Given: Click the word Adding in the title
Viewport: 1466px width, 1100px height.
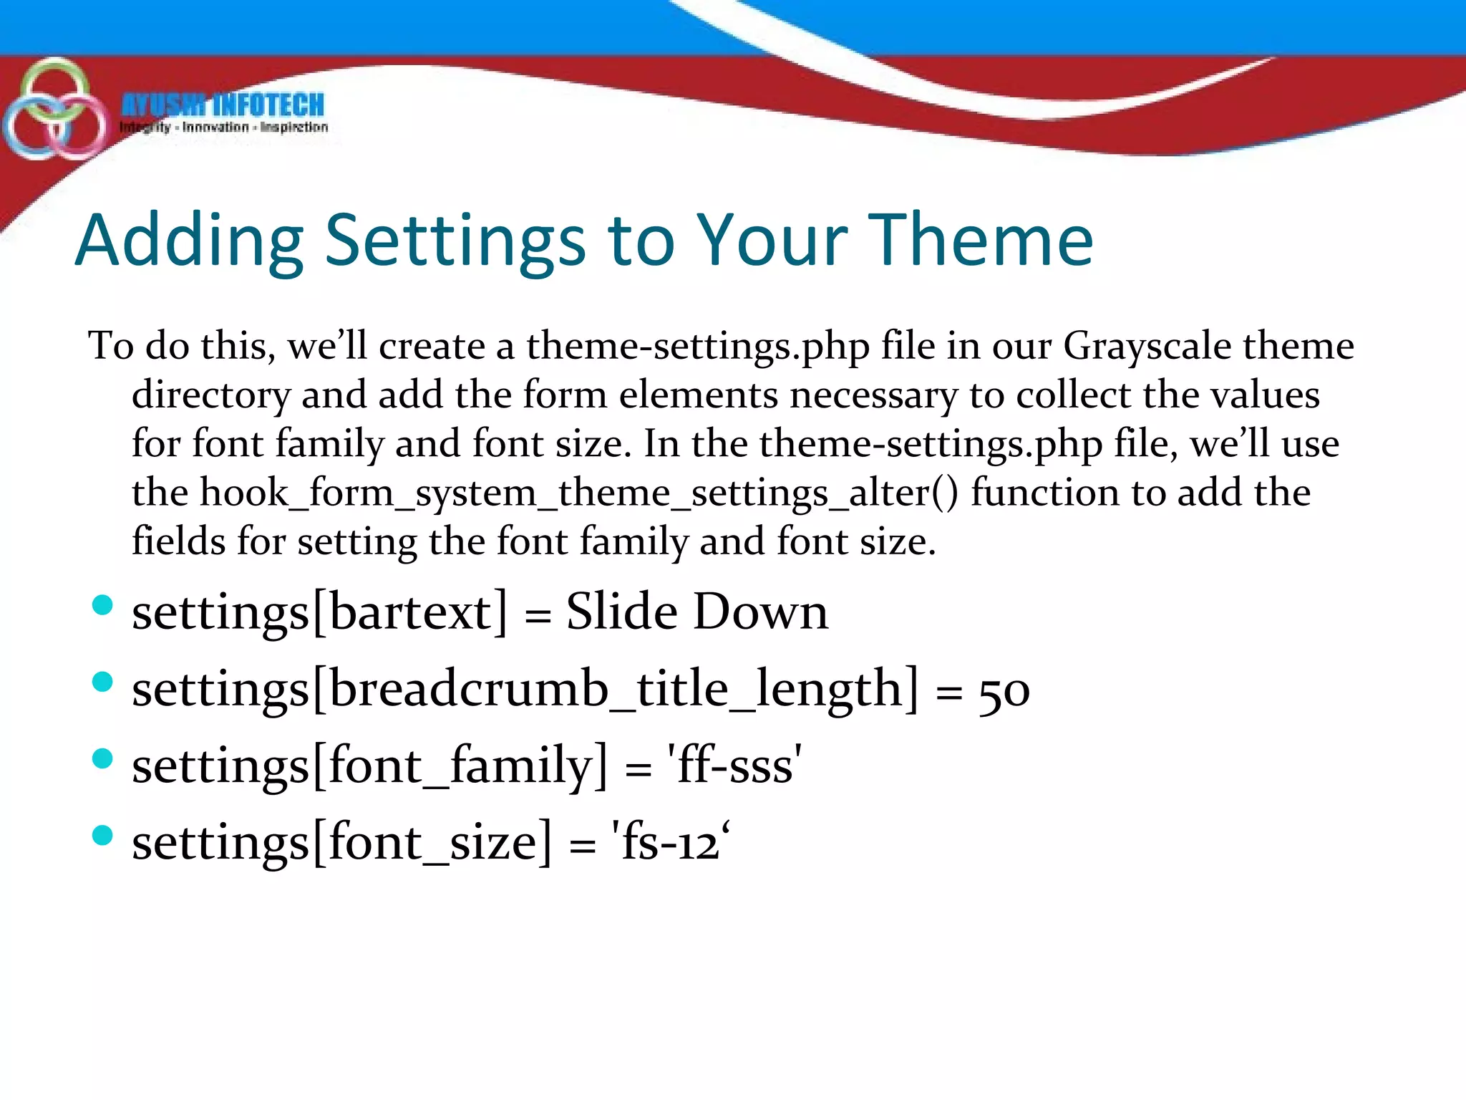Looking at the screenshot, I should (190, 241).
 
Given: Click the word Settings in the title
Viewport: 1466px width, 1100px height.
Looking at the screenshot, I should (455, 241).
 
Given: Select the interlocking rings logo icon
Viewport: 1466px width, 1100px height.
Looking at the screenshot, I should (54, 111).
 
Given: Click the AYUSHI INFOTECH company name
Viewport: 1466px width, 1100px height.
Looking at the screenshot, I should (223, 105).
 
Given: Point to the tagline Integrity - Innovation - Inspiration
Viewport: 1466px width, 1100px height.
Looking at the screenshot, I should (223, 127).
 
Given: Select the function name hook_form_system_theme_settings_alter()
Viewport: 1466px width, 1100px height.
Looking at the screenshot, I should (544, 493).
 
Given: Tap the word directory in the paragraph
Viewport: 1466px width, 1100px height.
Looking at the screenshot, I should (211, 396).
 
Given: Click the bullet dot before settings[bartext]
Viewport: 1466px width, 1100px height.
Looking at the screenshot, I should (103, 605).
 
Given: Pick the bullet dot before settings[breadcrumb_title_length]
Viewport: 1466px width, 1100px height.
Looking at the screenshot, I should (103, 682).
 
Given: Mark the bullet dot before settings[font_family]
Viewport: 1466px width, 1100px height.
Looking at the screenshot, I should (103, 758).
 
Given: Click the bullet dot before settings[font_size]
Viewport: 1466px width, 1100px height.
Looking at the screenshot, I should (103, 835).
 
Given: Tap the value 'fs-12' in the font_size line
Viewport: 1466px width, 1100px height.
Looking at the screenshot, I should (670, 843).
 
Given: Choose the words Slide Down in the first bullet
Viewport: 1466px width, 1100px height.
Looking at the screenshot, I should (696, 613).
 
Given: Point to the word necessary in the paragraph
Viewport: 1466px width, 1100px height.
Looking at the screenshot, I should (873, 396).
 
